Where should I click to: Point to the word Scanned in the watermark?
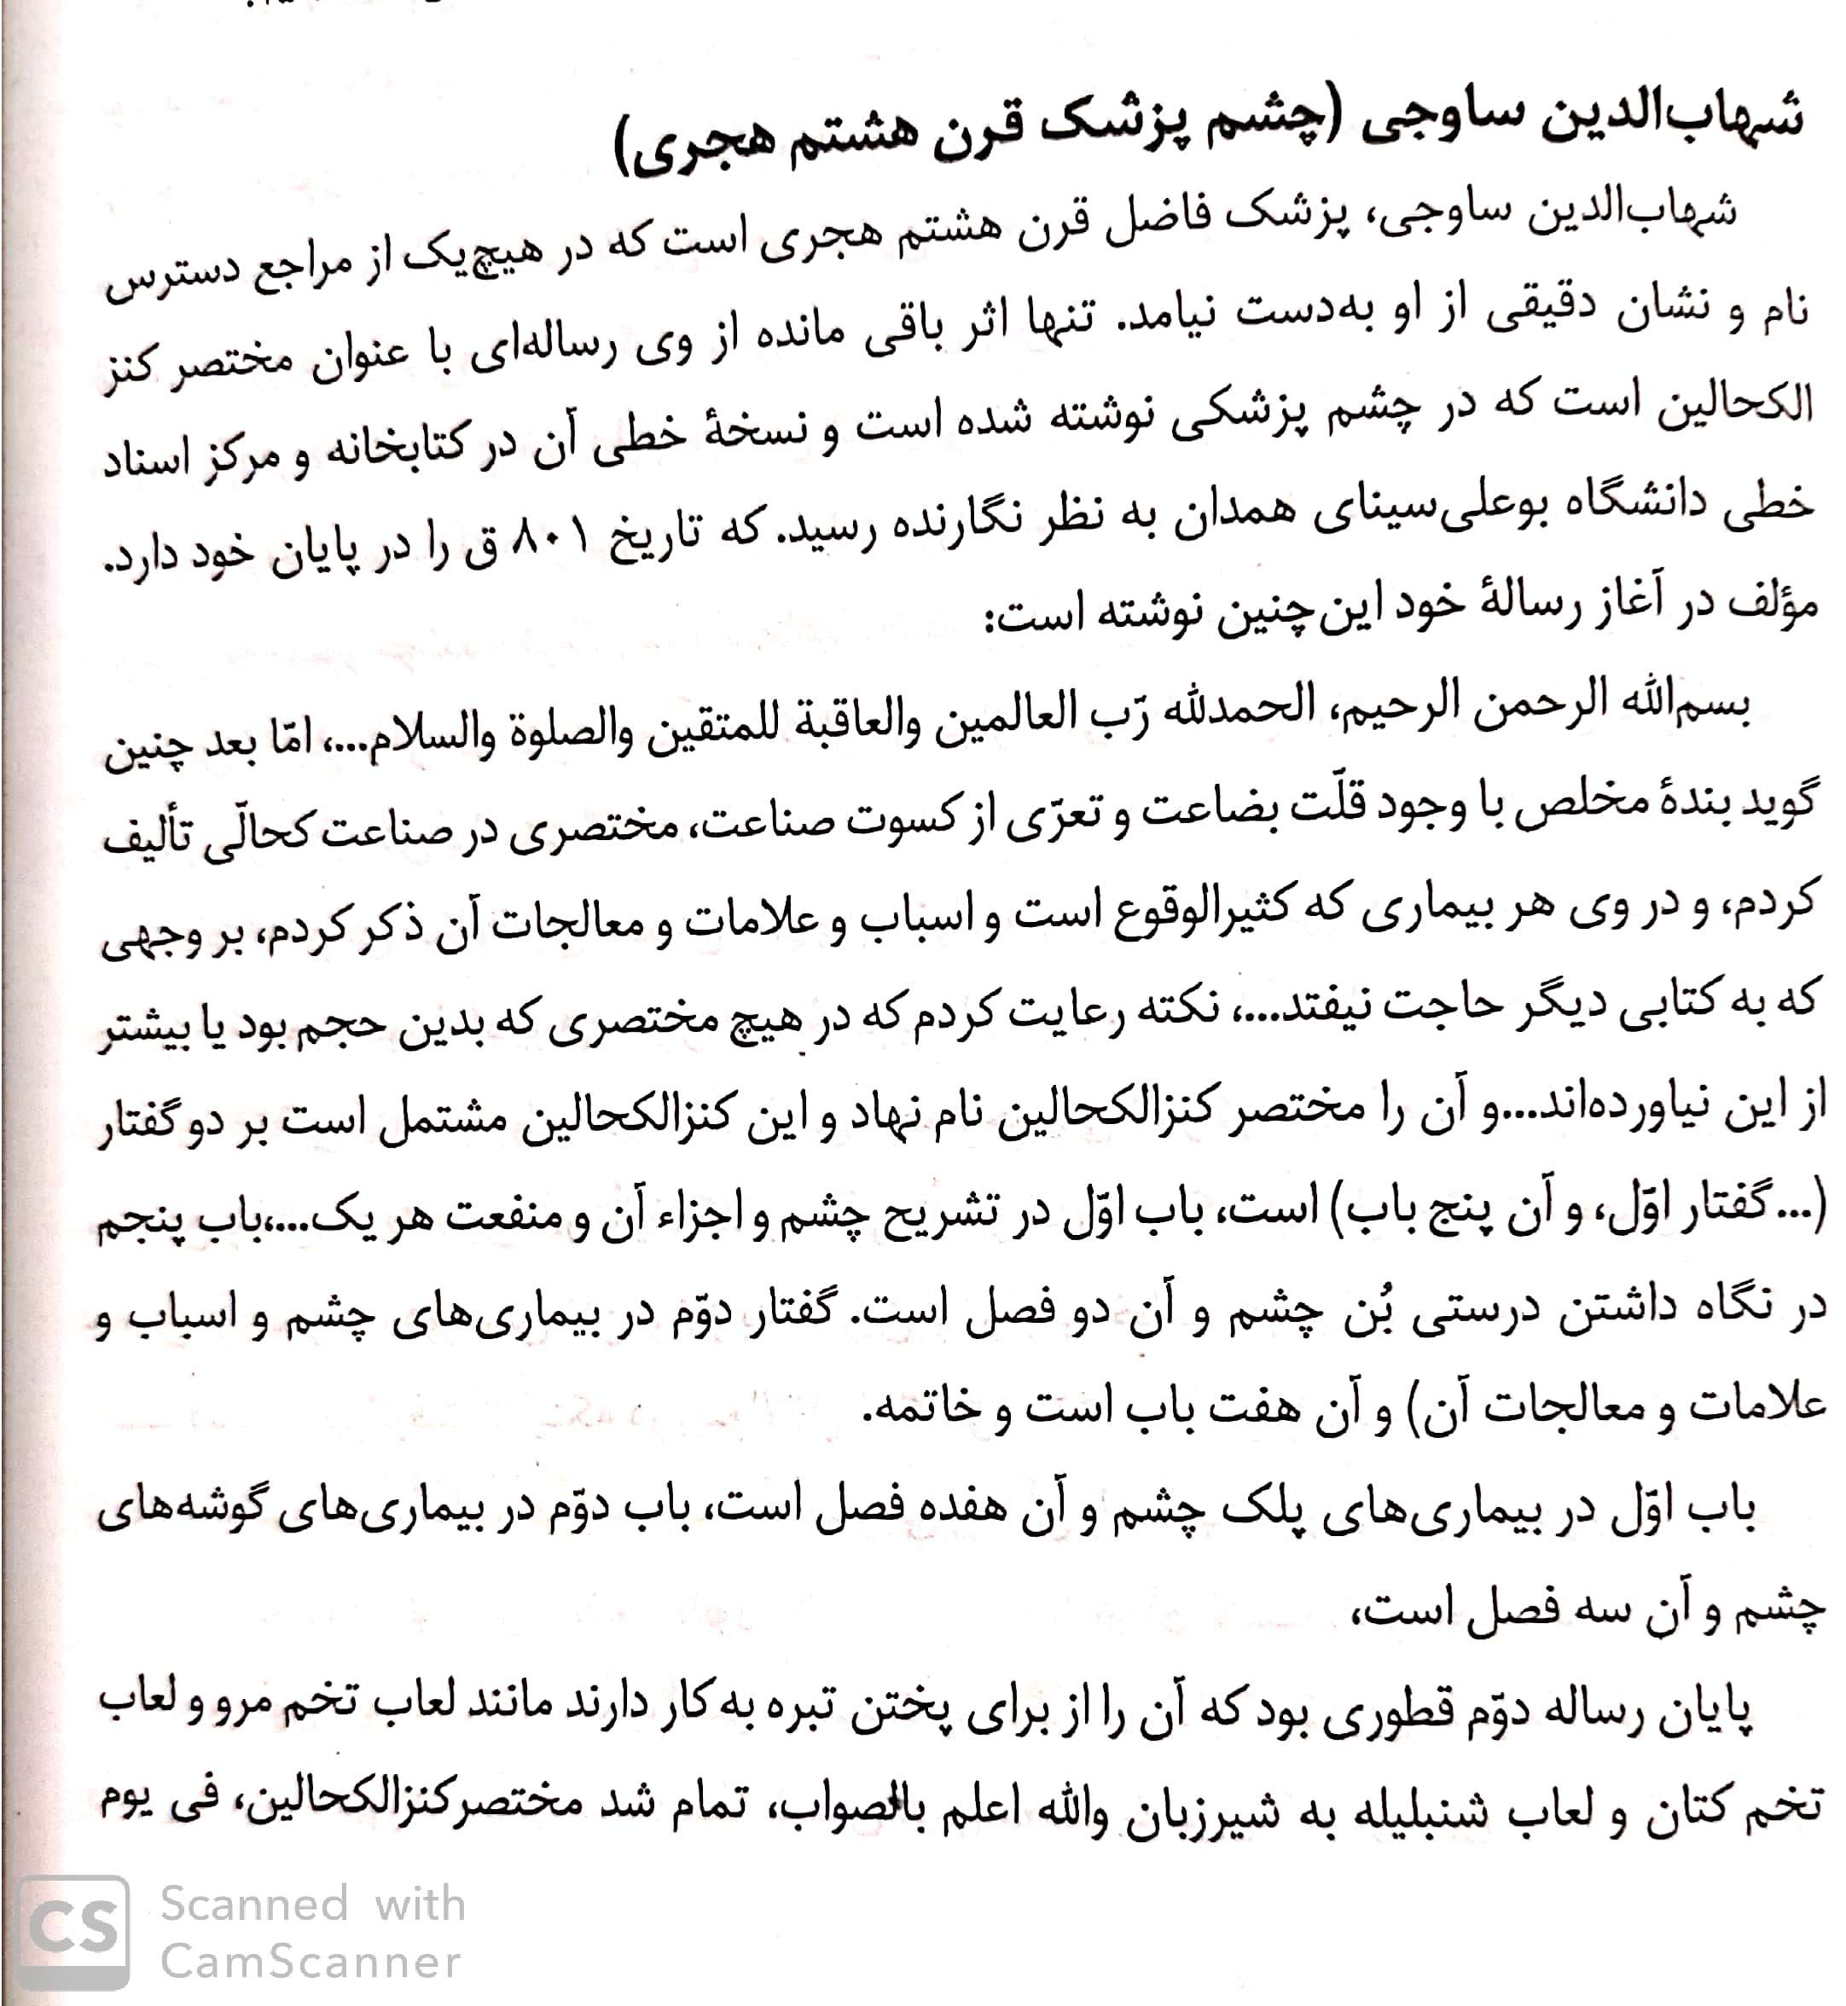255,1903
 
